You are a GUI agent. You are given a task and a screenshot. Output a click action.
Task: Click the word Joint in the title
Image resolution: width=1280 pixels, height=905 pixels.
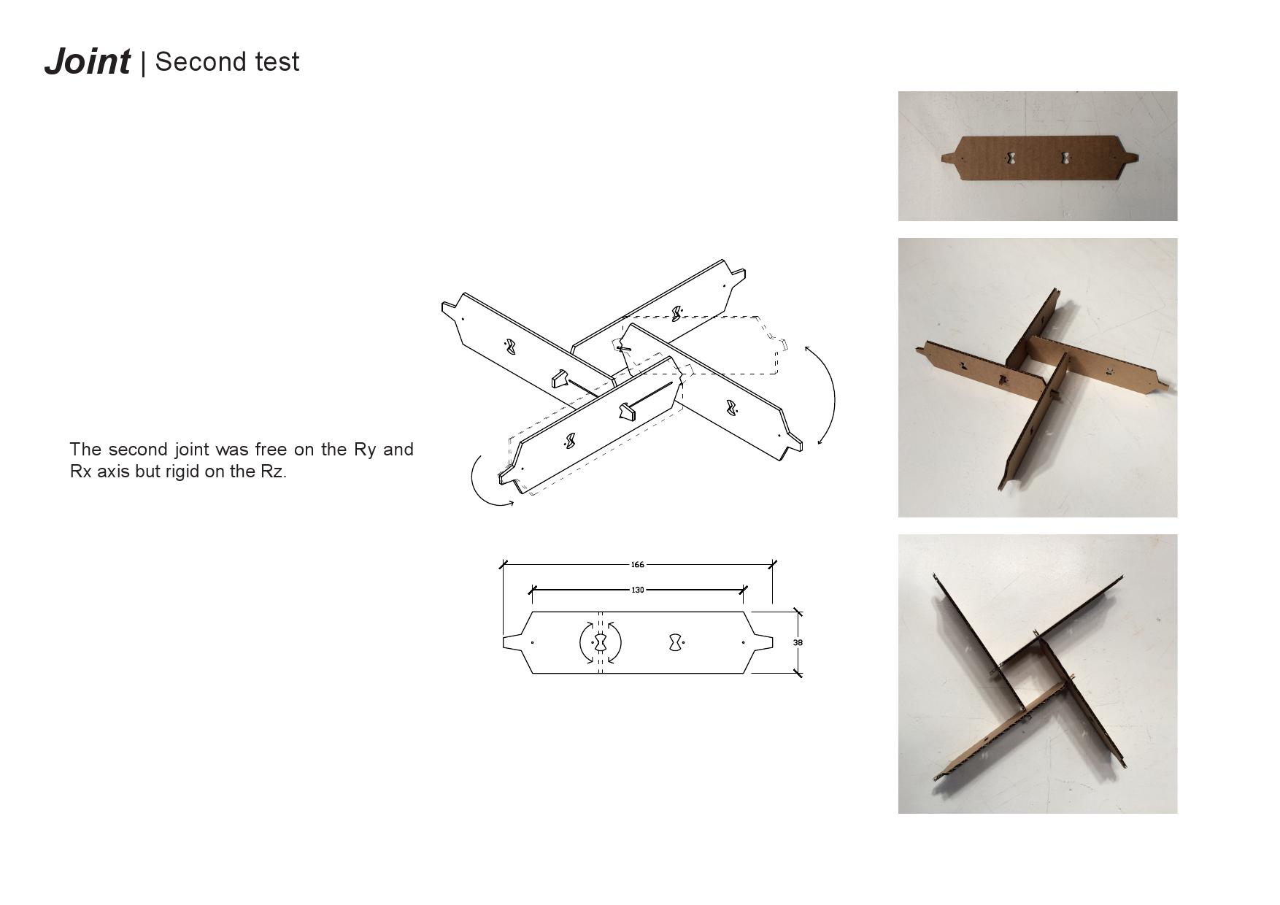[x=88, y=61]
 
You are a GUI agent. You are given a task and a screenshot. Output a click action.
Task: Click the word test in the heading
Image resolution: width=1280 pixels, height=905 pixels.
[x=277, y=62]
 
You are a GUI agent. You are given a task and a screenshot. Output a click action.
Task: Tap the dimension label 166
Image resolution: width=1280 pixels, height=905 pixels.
[x=637, y=564]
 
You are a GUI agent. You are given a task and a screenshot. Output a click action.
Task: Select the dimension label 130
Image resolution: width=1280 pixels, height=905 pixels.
[x=637, y=590]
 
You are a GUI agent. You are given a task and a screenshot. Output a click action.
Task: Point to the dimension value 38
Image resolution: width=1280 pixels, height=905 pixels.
[x=798, y=642]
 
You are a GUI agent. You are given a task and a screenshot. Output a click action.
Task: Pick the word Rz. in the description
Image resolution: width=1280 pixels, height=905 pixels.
[x=274, y=471]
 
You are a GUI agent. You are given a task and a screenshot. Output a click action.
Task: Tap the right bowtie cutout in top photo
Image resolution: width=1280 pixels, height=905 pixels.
[x=1066, y=157]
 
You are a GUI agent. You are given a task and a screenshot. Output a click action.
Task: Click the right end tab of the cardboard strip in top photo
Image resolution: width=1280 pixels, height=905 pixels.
[x=1130, y=157]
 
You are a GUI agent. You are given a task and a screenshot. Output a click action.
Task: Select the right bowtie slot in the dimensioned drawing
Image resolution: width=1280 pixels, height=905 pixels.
[x=676, y=642]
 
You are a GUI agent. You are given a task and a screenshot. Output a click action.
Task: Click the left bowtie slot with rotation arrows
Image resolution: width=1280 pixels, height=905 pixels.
[x=600, y=642]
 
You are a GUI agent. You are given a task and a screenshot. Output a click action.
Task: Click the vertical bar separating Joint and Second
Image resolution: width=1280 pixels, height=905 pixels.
[x=143, y=63]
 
